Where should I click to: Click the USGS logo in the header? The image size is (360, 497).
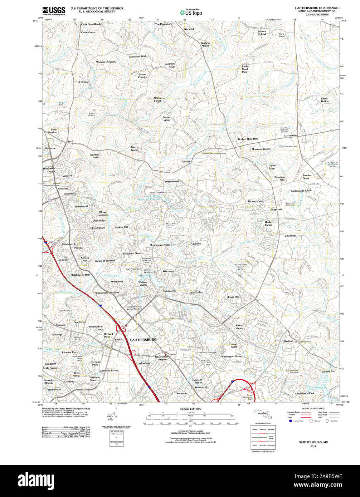54,11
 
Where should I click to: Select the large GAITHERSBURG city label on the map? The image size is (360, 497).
143,340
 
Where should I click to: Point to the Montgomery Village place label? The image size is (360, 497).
161,245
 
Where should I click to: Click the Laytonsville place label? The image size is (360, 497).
290,136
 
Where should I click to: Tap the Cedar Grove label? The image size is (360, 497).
88,33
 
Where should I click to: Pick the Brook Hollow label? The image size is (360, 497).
325,100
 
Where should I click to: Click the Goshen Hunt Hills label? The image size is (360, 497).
248,139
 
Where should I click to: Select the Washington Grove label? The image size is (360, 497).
231,356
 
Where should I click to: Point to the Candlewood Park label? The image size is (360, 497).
304,393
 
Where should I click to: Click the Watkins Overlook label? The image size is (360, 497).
106,62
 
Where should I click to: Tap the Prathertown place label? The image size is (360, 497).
172,182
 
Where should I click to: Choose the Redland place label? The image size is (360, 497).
289,341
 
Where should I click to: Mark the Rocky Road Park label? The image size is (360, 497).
245,69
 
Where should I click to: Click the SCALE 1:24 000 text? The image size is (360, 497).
191,409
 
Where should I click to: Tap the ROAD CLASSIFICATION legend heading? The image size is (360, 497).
313,408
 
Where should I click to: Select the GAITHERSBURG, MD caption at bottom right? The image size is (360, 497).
313,442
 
